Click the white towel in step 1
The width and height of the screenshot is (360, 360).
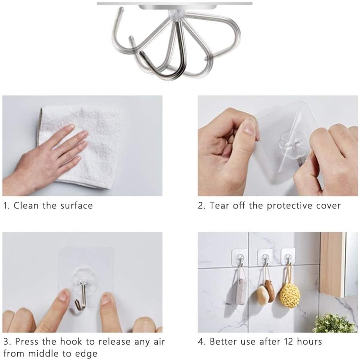coord(87,147)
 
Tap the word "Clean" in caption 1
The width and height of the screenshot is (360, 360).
coord(26,206)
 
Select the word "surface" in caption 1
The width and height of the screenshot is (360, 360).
coord(76,206)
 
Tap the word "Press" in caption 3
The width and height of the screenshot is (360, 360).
coord(26,341)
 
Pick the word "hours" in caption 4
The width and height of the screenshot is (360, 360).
coord(309,341)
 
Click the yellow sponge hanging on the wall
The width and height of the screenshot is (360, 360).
coord(290,295)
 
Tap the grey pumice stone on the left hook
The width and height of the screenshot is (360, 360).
coord(239,291)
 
